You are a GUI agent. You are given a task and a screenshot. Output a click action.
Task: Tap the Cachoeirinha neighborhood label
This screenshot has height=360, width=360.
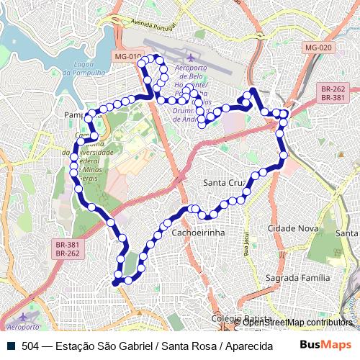[199, 234]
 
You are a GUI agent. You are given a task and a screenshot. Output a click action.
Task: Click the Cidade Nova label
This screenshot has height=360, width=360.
[292, 228]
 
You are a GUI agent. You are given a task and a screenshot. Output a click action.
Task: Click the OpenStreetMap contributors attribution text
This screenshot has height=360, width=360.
[297, 323]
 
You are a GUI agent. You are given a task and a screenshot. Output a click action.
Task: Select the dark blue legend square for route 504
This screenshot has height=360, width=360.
[9, 346]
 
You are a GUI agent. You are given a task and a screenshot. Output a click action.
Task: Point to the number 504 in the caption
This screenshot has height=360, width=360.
[30, 346]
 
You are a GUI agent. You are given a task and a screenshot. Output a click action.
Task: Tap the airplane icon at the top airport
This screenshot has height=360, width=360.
[190, 57]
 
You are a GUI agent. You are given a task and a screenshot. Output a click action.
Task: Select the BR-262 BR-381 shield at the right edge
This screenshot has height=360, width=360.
[333, 92]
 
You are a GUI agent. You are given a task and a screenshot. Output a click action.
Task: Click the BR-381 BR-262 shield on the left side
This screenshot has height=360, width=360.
[67, 249]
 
